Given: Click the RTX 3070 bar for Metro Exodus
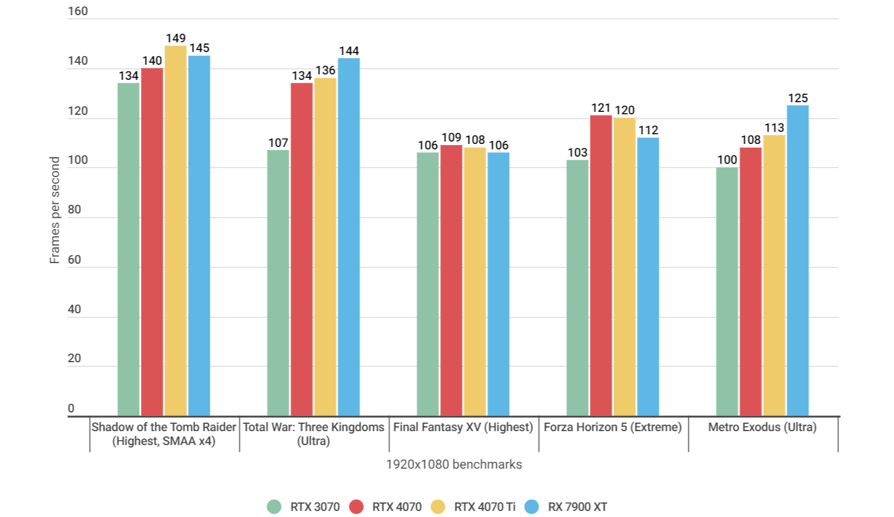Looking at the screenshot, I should pyautogui.click(x=727, y=291).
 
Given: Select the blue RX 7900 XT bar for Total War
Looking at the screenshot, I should pyautogui.click(x=349, y=237).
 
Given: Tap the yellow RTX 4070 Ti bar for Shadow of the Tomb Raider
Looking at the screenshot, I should pyautogui.click(x=176, y=231).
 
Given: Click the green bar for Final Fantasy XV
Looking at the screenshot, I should pyautogui.click(x=427, y=284).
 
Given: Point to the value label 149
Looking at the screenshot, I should pyautogui.click(x=176, y=38).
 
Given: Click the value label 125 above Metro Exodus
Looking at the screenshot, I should pyautogui.click(x=798, y=98).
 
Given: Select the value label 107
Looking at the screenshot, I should pyautogui.click(x=278, y=143).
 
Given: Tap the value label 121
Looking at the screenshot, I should pyautogui.click(x=601, y=108).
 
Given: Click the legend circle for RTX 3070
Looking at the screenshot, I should pyautogui.click(x=274, y=507).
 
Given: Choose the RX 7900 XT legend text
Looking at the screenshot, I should pyautogui.click(x=577, y=507).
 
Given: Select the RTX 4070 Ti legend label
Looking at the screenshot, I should pyautogui.click(x=485, y=507).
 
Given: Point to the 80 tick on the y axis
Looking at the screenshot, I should pyautogui.click(x=74, y=210).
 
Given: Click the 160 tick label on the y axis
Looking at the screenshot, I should pyautogui.click(x=78, y=11).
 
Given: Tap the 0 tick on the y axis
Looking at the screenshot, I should pyautogui.click(x=71, y=408).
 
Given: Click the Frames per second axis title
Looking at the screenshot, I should pyautogui.click(x=55, y=210).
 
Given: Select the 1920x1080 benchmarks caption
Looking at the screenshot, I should pyautogui.click(x=454, y=464).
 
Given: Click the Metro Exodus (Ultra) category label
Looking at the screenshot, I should pyautogui.click(x=762, y=427).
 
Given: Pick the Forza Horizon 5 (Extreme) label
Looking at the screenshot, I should pyautogui.click(x=612, y=427).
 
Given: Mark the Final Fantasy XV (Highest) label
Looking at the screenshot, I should pyautogui.click(x=463, y=427).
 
